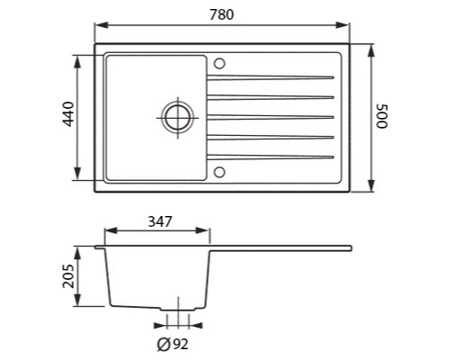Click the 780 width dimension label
click(x=221, y=14)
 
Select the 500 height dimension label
click(x=382, y=116)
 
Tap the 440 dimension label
click(x=68, y=114)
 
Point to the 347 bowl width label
click(x=160, y=221)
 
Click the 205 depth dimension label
click(x=68, y=276)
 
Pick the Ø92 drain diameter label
click(x=173, y=344)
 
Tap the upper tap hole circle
click(x=220, y=64)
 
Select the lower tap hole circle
click(x=220, y=173)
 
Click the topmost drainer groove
click(x=270, y=77)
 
